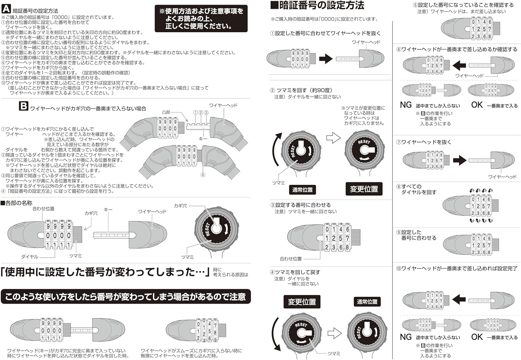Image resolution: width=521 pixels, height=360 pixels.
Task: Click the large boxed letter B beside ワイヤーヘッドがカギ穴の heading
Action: point(23,106)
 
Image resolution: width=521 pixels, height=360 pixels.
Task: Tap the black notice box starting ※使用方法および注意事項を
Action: point(201,18)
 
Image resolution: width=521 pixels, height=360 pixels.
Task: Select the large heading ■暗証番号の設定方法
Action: point(317,6)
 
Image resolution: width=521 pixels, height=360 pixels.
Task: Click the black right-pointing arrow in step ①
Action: point(325,59)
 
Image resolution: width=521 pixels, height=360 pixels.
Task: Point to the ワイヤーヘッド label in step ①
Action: point(366,42)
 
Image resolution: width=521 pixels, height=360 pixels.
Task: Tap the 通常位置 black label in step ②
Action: point(302,190)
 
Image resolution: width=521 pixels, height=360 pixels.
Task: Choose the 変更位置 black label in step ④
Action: point(302,302)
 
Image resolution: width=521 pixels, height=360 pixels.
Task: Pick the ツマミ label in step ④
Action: point(334,353)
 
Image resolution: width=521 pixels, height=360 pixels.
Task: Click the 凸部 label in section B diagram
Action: point(166,112)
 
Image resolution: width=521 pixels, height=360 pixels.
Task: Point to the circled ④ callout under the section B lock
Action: point(203,175)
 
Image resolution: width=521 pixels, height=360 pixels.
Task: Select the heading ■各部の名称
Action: point(17,203)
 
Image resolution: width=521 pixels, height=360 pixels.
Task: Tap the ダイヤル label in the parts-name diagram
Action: point(30,257)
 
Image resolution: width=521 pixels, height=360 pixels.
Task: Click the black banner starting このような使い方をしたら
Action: point(125,297)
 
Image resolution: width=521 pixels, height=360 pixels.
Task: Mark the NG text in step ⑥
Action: point(406,105)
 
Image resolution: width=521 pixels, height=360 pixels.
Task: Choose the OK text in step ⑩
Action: point(477,337)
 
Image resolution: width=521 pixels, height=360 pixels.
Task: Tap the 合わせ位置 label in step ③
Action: point(291,259)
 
